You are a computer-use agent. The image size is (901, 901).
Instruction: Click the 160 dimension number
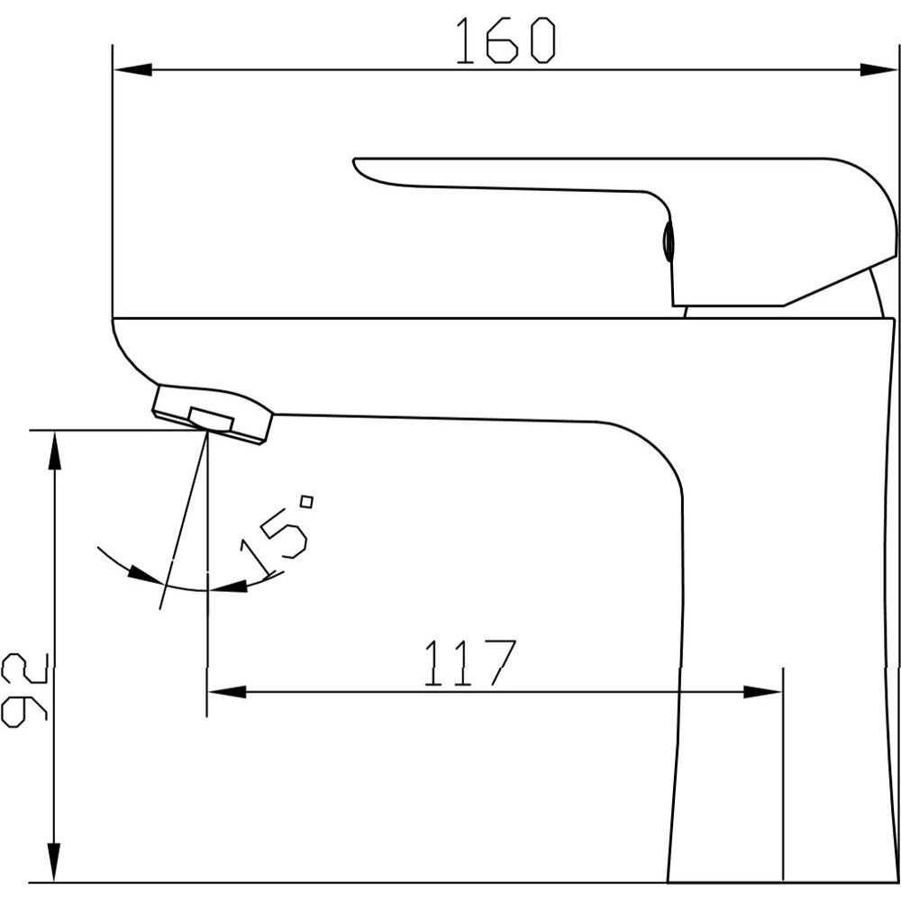point(505,41)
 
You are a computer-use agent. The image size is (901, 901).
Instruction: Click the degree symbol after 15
point(307,502)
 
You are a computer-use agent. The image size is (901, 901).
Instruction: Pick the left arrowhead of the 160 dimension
point(132,69)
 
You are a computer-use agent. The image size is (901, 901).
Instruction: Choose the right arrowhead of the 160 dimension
point(878,69)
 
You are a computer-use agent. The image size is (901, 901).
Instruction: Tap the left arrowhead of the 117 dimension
point(226,691)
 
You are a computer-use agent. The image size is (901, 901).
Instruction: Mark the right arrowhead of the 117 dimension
point(762,691)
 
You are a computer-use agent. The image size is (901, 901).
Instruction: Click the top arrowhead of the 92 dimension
point(54,451)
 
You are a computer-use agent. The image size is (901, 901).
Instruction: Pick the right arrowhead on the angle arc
point(228,587)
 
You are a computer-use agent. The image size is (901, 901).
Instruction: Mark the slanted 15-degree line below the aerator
point(184,520)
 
